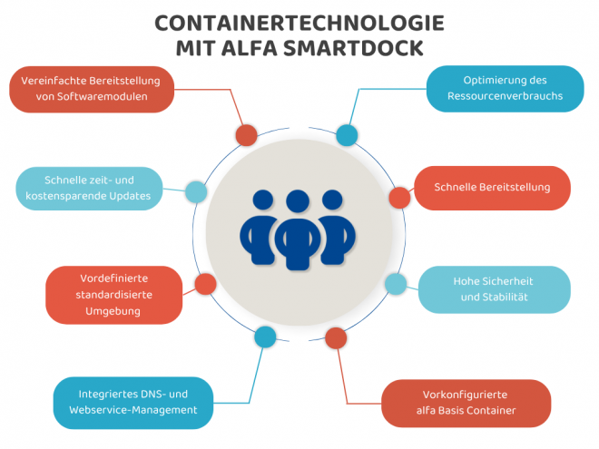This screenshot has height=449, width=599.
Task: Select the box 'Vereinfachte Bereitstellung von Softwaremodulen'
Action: click(x=91, y=89)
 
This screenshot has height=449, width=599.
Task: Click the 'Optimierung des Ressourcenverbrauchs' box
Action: click(x=505, y=88)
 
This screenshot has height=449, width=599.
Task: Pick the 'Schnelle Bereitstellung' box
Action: click(x=493, y=188)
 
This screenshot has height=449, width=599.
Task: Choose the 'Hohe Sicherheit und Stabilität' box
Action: click(x=492, y=288)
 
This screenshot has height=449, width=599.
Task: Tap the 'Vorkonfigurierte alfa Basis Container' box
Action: click(x=466, y=403)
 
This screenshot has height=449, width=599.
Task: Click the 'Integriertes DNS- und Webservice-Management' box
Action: click(x=133, y=402)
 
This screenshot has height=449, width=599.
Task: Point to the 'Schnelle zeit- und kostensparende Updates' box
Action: click(x=89, y=188)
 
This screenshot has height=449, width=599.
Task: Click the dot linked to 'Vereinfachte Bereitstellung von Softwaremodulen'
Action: click(x=246, y=135)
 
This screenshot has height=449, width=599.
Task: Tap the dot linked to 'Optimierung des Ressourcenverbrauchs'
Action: click(x=347, y=135)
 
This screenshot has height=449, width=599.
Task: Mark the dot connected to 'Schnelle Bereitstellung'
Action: click(x=399, y=197)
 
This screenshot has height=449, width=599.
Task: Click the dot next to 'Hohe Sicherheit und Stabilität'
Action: click(x=396, y=284)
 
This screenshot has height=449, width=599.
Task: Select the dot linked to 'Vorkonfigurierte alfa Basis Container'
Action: click(x=336, y=338)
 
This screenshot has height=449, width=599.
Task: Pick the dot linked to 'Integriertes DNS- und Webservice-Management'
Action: click(x=265, y=338)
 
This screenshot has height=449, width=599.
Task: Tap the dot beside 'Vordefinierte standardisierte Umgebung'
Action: click(x=205, y=284)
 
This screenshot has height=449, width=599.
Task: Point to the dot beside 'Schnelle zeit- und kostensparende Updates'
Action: click(x=196, y=192)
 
